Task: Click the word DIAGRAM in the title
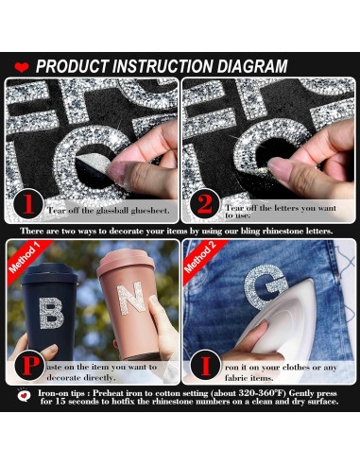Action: point(249,67)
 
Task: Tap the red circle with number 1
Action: point(29,203)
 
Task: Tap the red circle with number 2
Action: point(203,203)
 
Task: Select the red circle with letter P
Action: point(29,363)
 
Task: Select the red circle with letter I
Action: point(203,363)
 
